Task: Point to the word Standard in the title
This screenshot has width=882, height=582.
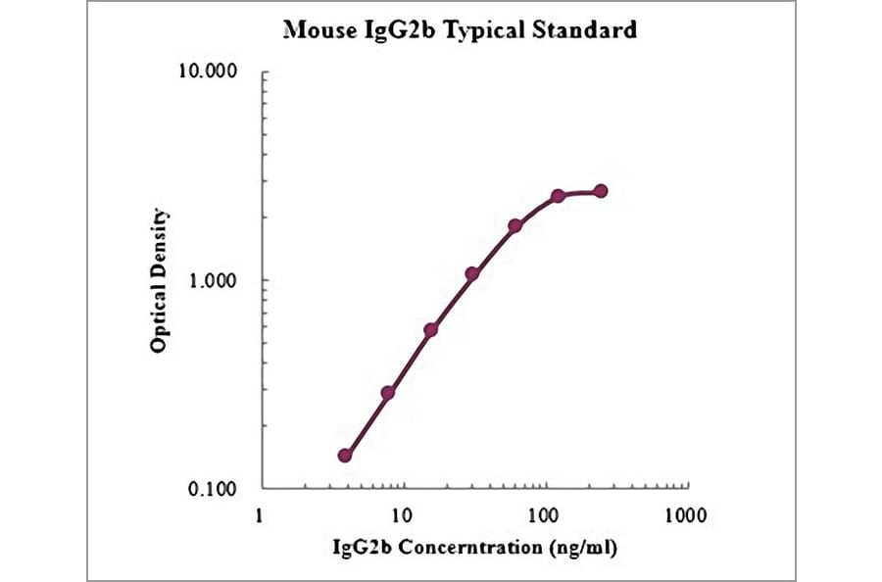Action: (x=588, y=31)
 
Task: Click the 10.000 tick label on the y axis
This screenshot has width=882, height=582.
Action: (x=212, y=73)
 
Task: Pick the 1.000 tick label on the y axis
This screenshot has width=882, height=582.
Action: (x=216, y=280)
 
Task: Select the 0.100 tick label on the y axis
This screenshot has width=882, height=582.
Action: (x=216, y=489)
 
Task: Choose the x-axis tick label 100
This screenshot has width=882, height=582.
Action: (x=542, y=513)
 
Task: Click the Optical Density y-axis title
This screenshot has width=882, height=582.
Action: (x=159, y=280)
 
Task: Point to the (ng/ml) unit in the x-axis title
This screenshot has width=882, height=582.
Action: (x=586, y=545)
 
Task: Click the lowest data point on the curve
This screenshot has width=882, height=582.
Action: (x=345, y=456)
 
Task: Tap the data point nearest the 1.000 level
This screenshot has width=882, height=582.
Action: (x=472, y=274)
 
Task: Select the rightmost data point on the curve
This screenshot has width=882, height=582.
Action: (x=601, y=191)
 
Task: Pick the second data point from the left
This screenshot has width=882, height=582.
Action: (x=388, y=393)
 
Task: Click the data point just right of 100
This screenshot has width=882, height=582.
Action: (x=558, y=196)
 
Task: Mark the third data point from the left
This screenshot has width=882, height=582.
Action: (x=430, y=330)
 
